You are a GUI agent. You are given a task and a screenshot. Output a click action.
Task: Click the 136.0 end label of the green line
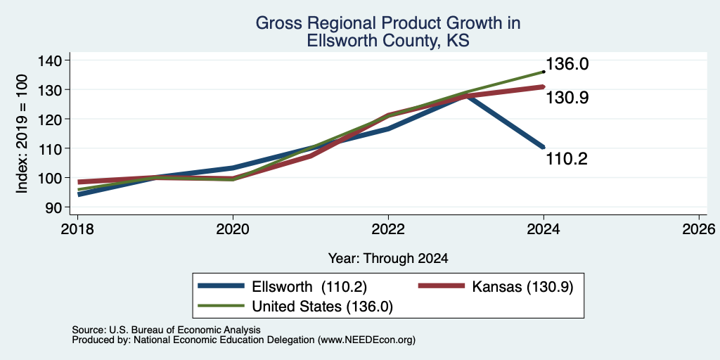(x=567, y=64)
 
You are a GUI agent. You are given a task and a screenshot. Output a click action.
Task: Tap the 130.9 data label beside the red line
(x=567, y=98)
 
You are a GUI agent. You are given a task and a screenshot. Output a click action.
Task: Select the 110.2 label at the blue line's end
(x=567, y=159)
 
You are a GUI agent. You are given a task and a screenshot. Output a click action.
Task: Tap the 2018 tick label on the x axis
(x=77, y=229)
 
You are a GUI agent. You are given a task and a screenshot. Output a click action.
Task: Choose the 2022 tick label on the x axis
(x=388, y=229)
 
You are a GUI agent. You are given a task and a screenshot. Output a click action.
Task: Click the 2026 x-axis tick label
(x=699, y=229)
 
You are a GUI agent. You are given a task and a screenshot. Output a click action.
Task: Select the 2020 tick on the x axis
(x=233, y=229)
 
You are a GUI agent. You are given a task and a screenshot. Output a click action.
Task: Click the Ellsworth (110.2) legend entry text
(x=309, y=287)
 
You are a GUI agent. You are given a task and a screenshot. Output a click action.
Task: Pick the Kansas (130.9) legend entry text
(x=522, y=287)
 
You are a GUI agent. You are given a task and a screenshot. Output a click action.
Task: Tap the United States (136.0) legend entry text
(x=322, y=307)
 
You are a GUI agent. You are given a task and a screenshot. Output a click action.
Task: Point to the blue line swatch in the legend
(x=221, y=286)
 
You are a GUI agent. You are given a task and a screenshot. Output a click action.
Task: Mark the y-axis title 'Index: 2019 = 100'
(x=22, y=133)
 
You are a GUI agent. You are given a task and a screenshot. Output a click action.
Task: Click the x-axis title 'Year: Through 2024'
(x=388, y=259)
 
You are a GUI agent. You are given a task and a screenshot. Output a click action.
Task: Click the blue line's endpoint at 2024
(x=544, y=147)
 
